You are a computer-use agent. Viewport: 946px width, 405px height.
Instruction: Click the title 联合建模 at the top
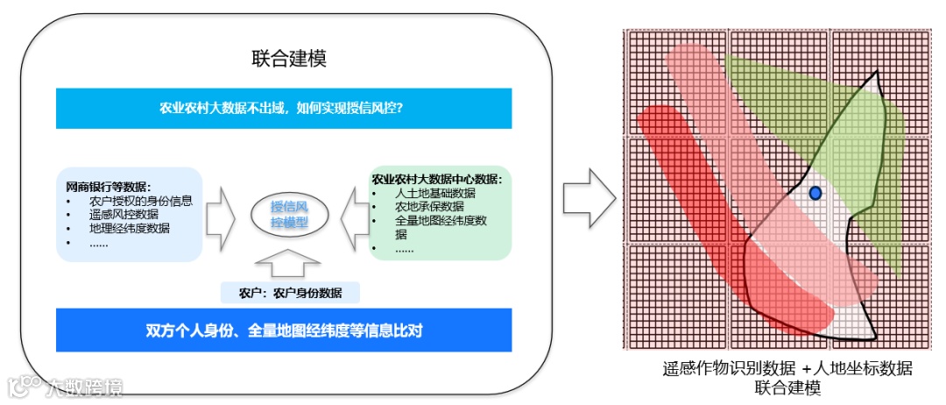point(288,60)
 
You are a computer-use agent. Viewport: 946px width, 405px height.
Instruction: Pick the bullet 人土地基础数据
point(435,193)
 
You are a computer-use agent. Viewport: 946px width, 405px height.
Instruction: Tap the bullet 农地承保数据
point(429,207)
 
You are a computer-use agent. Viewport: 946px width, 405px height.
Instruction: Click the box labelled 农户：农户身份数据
point(290,293)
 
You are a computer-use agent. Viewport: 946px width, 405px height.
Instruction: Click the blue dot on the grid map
point(815,193)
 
